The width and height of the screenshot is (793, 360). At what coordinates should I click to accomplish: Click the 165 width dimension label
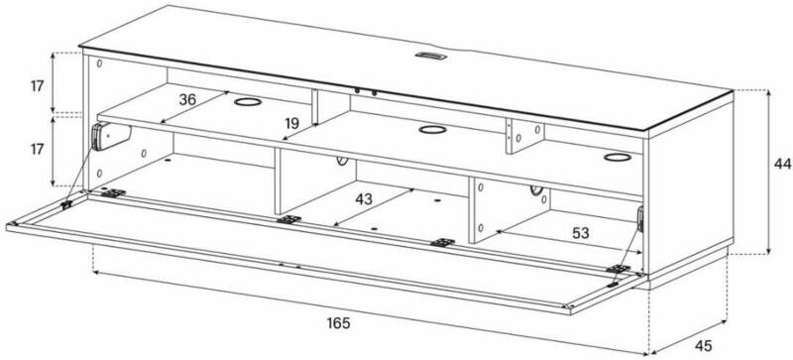338,323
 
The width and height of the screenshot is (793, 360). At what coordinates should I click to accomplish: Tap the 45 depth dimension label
703,346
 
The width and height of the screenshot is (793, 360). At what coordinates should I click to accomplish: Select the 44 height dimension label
782,164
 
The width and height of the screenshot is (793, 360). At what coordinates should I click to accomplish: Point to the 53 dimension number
581,233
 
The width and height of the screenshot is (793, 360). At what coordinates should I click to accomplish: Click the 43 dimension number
364,199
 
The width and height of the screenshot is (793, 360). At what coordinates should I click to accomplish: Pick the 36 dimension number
187,100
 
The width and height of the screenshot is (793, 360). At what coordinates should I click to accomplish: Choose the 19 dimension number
291,123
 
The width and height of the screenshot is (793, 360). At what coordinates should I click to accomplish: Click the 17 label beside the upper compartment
37,86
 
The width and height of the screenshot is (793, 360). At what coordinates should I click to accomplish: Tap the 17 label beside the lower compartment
37,150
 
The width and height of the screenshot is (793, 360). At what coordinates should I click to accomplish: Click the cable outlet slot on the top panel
431,56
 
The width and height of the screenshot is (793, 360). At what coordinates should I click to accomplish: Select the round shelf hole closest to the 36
248,102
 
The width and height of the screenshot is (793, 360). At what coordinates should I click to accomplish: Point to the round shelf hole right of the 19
432,130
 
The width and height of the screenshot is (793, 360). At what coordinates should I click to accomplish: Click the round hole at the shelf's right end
618,158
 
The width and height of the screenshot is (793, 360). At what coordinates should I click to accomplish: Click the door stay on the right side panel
640,219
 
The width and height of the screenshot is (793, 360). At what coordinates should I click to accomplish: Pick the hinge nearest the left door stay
113,193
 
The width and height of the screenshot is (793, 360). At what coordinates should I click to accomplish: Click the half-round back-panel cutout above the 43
342,161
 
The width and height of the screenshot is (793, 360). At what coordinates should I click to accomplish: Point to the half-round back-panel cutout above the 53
536,190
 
